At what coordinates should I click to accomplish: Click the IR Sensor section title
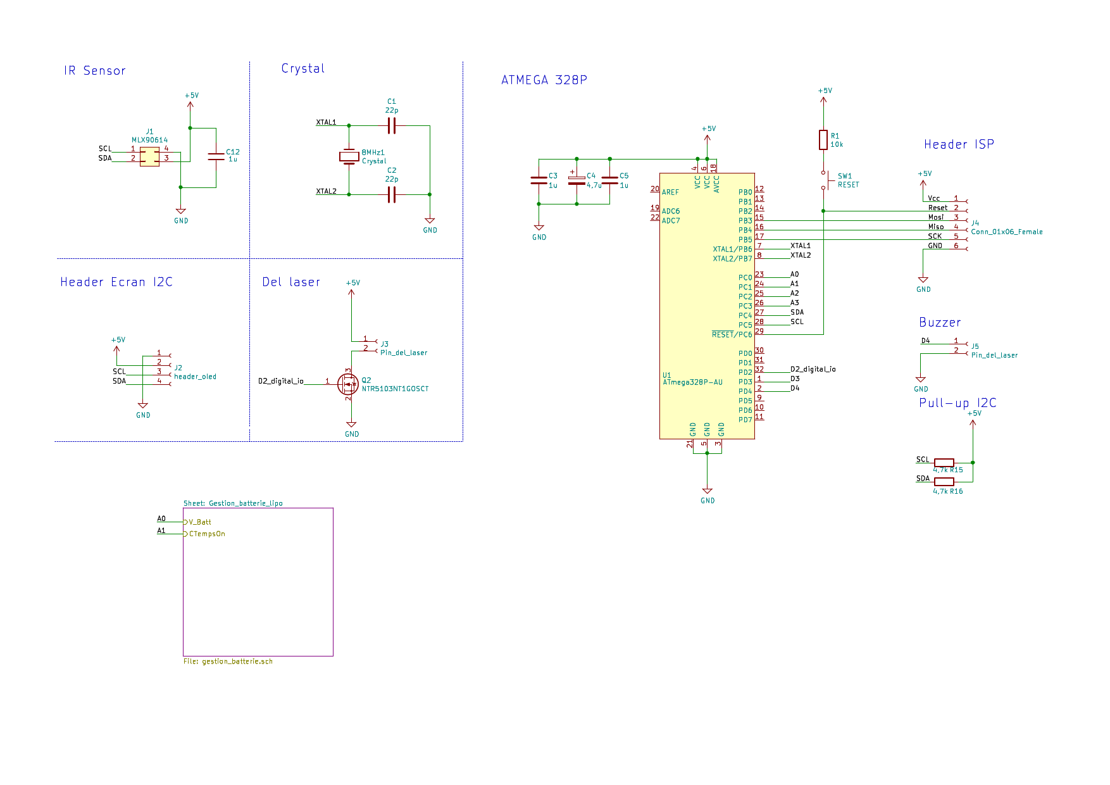point(95,71)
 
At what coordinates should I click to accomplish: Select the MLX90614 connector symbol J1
point(149,156)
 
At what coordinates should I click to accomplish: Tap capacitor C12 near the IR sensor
point(216,156)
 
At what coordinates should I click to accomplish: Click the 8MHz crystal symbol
point(349,156)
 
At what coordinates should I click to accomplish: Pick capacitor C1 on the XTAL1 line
point(392,126)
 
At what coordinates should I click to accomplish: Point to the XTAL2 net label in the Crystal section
point(327,191)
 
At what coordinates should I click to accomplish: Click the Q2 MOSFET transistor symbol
point(348,384)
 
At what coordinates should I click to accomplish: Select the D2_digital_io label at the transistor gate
point(280,381)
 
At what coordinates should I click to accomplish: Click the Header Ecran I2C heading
point(116,282)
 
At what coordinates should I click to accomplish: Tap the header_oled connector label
point(195,377)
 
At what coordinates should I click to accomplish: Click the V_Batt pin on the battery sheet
point(199,522)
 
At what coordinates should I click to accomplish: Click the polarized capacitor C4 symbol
point(577,181)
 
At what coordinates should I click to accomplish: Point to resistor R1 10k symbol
point(823,140)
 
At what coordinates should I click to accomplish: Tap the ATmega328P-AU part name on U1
point(692,382)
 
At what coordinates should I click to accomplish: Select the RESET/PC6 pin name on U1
point(732,335)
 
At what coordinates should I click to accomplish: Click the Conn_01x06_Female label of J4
point(1007,232)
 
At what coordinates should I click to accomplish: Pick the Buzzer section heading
point(940,323)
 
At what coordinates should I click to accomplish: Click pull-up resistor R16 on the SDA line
point(944,482)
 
